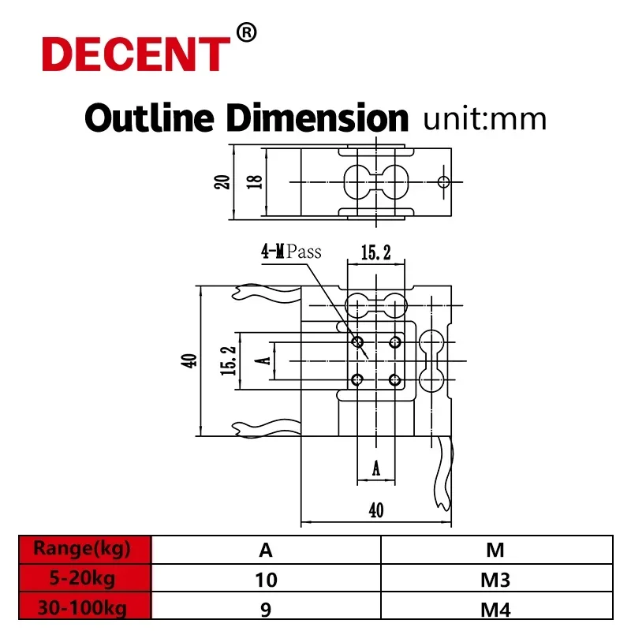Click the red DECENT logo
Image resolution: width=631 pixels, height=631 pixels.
click(134, 53)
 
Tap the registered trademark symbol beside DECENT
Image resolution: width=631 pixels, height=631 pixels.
click(247, 33)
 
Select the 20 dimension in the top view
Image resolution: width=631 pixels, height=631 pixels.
click(223, 181)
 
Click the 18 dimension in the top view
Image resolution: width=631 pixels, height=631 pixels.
click(253, 181)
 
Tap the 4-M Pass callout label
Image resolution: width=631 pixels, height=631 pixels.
click(292, 252)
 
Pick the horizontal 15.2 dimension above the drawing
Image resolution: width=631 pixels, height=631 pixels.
click(376, 253)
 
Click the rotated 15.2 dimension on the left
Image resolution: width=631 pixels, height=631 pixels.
click(228, 361)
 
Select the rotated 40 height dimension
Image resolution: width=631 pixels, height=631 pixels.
click(189, 361)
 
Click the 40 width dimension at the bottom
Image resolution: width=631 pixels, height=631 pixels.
click(375, 510)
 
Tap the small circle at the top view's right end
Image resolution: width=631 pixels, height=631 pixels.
click(443, 182)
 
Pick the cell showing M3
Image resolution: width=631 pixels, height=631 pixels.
click(496, 581)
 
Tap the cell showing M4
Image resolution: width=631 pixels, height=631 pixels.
click(496, 609)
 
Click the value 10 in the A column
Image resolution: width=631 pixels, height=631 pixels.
click(266, 581)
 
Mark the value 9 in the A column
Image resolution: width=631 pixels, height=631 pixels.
click(266, 609)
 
